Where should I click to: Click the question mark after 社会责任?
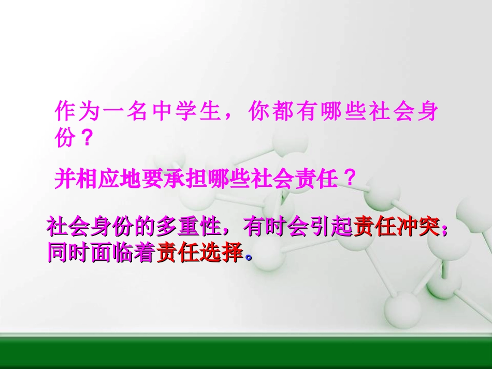pyautogui.click(x=350, y=180)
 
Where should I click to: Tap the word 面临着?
pyautogui.click(x=119, y=253)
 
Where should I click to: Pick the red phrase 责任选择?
pyautogui.click(x=199, y=253)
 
